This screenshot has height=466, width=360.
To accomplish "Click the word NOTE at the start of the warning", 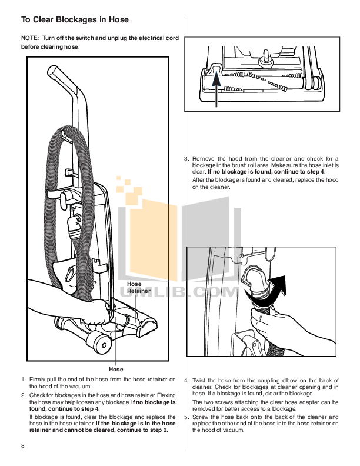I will point(30,38).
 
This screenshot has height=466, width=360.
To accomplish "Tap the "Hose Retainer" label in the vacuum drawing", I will point(139,287).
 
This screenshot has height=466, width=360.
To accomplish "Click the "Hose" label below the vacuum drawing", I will point(116,369).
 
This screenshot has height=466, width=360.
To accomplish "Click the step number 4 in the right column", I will point(186,381).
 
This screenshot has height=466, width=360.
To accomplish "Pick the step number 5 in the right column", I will point(186,416).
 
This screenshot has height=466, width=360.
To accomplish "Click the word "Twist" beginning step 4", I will point(201,381).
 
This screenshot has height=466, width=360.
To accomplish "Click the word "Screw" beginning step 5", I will point(202,416).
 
